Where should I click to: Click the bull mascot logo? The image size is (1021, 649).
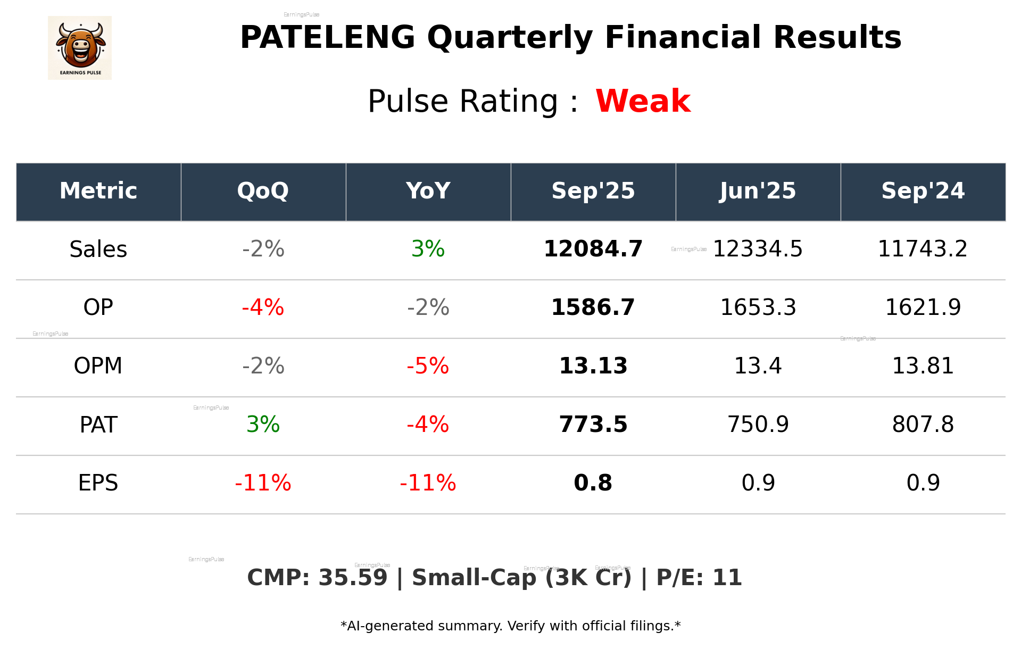80,47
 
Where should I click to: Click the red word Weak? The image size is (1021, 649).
643,101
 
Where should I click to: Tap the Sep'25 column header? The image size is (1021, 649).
593,191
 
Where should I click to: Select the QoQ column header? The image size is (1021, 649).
263,191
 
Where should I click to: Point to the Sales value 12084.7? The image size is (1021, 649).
593,249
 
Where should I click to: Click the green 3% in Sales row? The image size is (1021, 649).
428,249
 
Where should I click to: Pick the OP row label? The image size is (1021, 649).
98,307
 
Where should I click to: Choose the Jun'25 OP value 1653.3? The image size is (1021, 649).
758,307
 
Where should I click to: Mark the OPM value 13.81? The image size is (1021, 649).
923,366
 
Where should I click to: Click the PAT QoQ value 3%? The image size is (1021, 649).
263,425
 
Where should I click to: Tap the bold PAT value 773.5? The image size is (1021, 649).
593,425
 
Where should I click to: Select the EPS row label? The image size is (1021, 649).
98,483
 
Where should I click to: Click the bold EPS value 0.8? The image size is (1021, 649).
593,483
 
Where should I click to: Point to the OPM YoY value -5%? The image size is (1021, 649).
428,366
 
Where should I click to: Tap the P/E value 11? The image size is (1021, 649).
727,578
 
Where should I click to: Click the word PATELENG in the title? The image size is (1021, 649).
327,38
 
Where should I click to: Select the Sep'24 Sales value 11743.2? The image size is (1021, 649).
923,249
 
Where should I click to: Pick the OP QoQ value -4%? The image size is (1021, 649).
263,307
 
